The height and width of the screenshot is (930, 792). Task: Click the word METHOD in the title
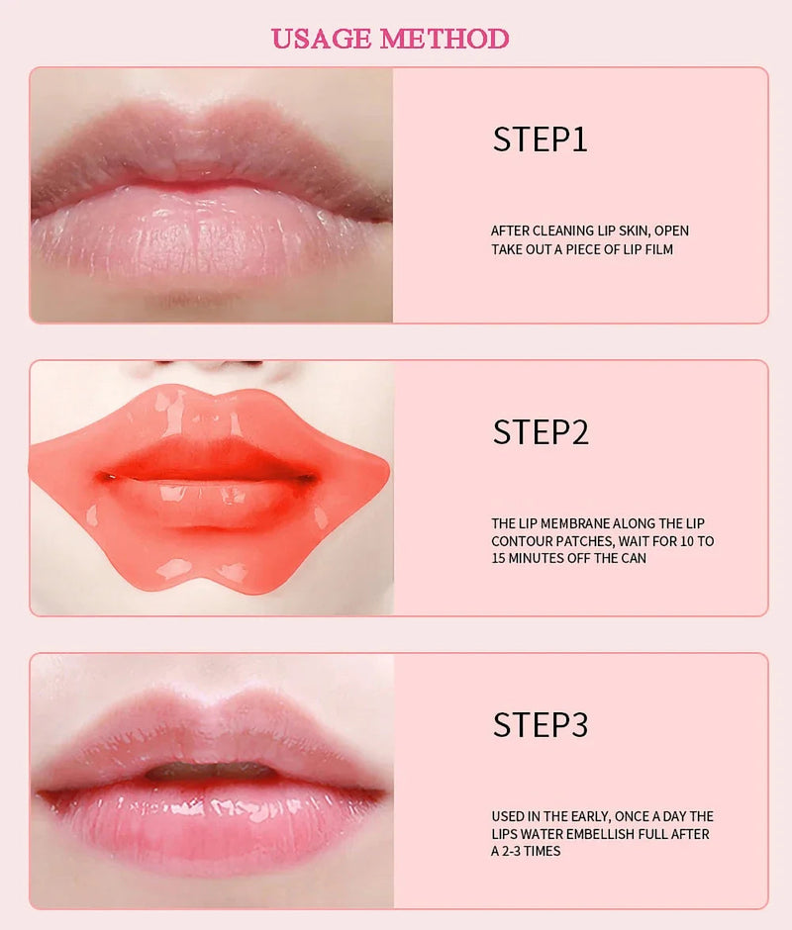(x=445, y=40)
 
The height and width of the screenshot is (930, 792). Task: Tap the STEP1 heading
(x=540, y=139)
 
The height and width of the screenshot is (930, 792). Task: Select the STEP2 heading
(x=540, y=432)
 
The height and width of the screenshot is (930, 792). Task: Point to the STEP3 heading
(x=540, y=725)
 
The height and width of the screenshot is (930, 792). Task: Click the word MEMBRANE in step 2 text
(x=571, y=523)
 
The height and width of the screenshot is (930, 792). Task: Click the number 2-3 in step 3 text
(x=515, y=852)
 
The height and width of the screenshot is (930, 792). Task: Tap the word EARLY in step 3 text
(x=584, y=816)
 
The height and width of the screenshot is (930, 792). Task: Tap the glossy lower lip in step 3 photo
(x=208, y=821)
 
